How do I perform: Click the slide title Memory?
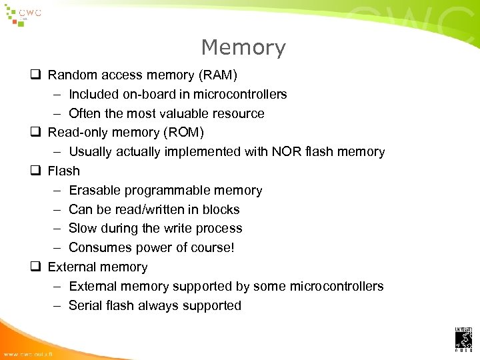click(x=243, y=47)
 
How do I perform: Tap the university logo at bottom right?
click(x=463, y=339)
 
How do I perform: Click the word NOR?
click(x=286, y=151)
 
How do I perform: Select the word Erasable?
click(x=94, y=190)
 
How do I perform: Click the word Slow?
click(x=83, y=228)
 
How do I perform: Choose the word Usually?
click(x=91, y=151)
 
